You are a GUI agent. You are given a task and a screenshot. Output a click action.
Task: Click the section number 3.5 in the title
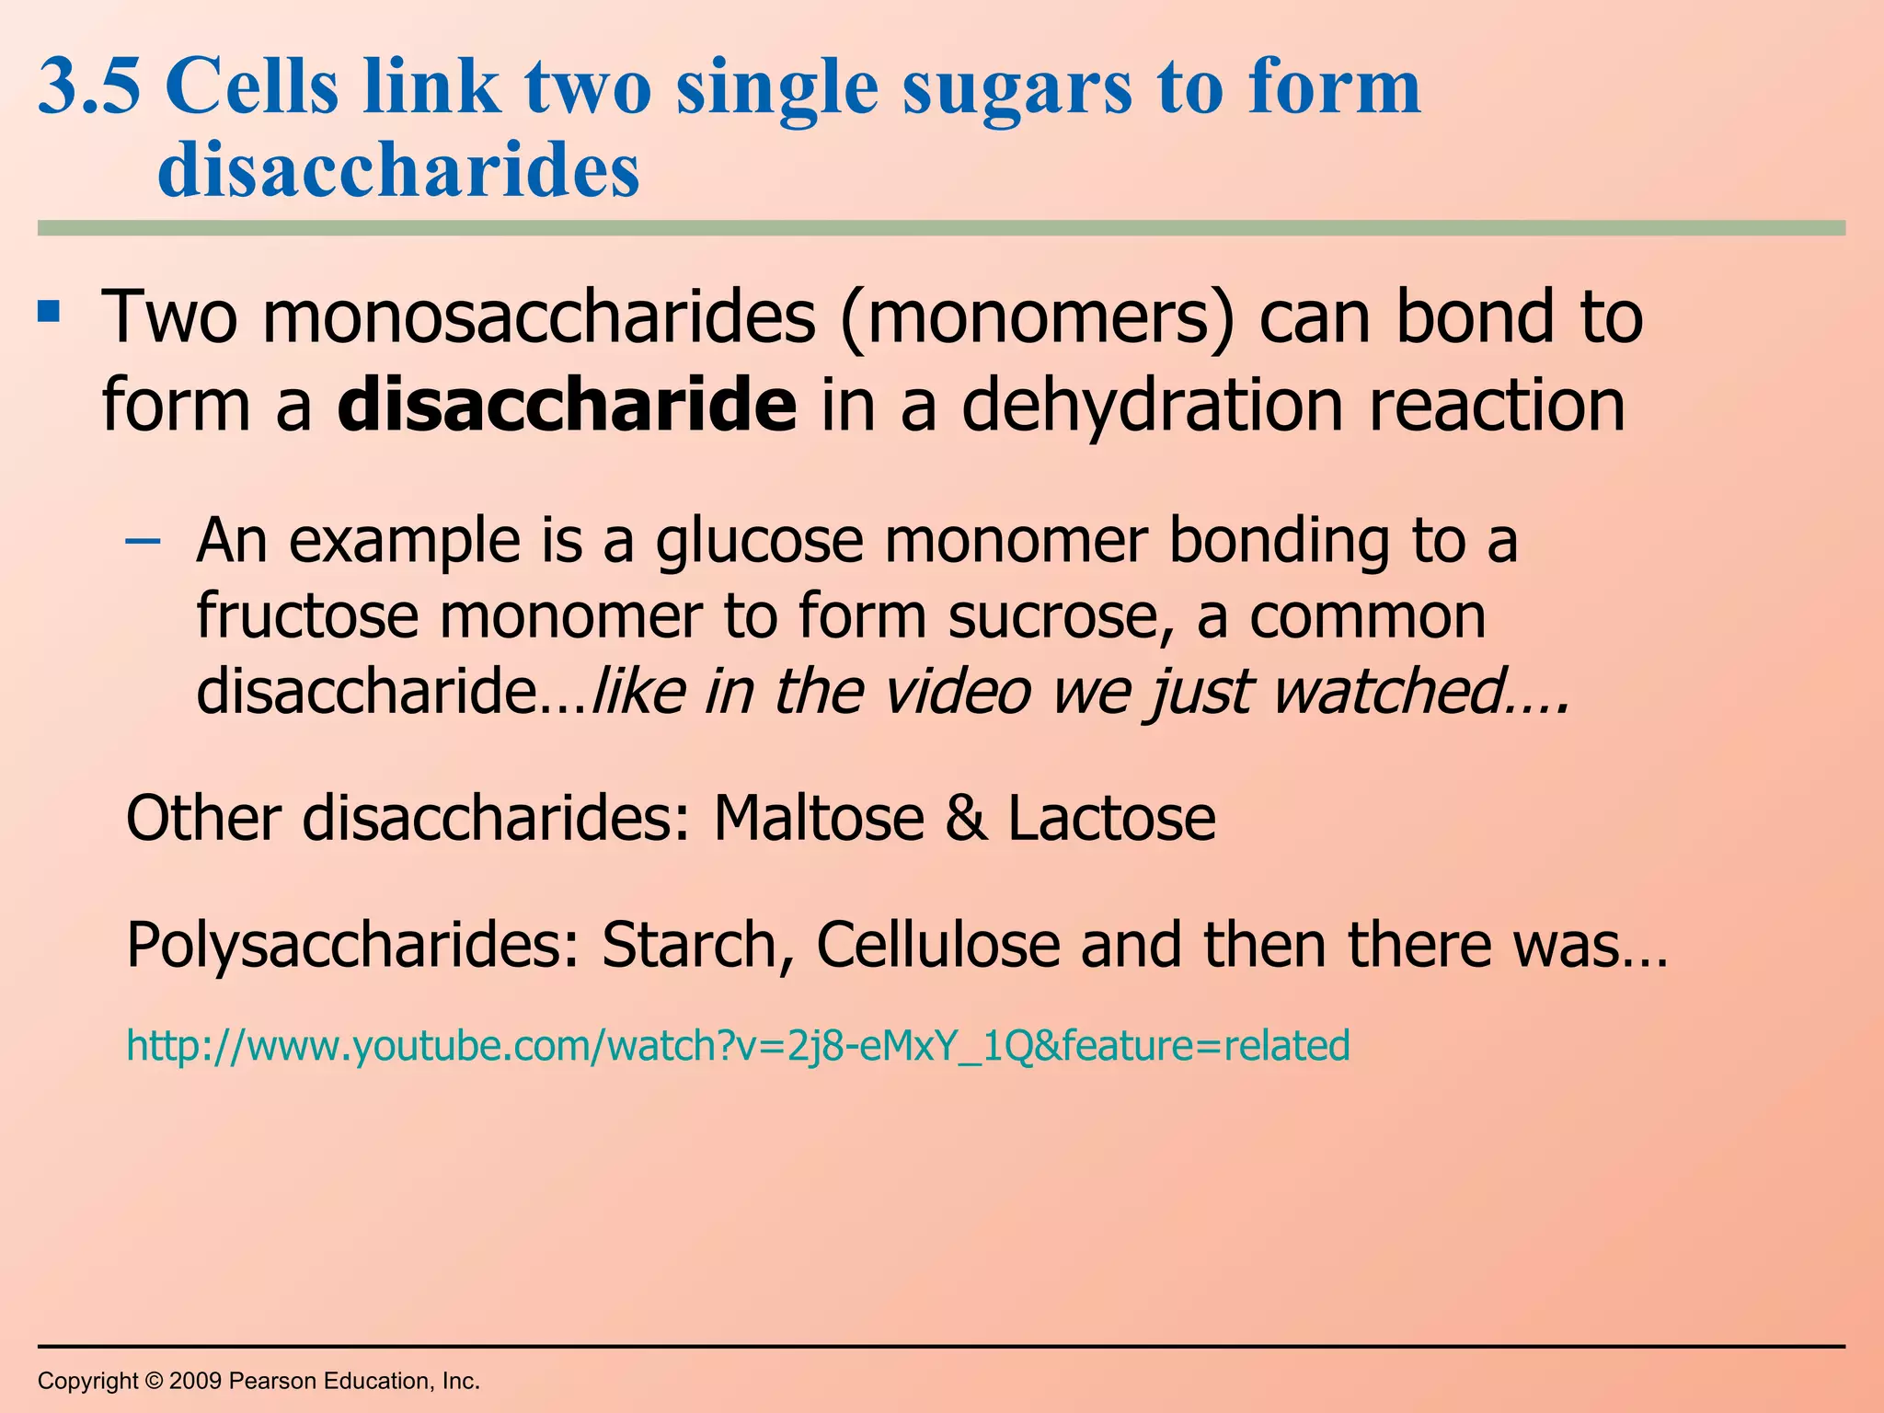(x=89, y=86)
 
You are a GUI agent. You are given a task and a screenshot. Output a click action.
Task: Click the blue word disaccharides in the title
(x=398, y=170)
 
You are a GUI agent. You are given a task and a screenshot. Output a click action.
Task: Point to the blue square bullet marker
(x=49, y=312)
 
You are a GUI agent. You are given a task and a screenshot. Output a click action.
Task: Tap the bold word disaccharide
(x=567, y=405)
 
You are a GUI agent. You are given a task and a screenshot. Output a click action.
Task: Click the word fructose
(x=307, y=615)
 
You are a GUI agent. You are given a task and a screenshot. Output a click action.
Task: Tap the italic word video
(x=957, y=691)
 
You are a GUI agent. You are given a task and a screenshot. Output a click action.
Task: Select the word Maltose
(x=819, y=818)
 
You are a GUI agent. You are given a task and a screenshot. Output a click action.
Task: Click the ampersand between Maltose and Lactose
(x=965, y=818)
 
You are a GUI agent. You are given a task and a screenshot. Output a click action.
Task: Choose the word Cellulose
(x=937, y=945)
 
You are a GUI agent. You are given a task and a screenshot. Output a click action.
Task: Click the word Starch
(x=698, y=945)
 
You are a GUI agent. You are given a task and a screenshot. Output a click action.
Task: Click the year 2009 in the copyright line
(x=195, y=1381)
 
